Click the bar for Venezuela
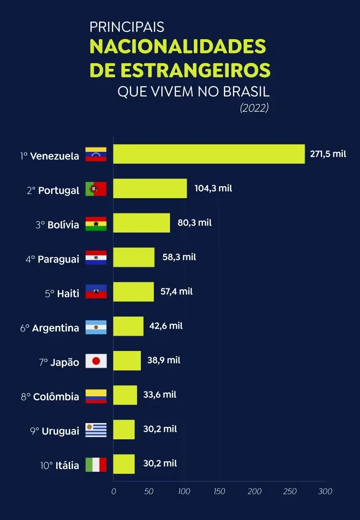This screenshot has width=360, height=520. click(209, 154)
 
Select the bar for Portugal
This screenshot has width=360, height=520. click(150, 189)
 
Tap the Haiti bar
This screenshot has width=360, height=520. click(133, 292)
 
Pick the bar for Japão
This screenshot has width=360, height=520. click(127, 361)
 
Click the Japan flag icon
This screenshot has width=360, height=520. click(96, 361)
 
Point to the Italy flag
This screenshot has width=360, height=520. click(96, 465)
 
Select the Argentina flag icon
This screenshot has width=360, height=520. click(96, 327)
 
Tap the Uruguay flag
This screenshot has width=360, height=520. click(96, 430)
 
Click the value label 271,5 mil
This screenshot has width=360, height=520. click(328, 154)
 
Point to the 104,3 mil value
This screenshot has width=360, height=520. click(213, 188)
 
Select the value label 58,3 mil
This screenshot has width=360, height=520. click(179, 257)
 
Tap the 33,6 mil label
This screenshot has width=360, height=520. click(159, 394)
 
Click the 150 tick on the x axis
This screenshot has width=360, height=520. click(219, 491)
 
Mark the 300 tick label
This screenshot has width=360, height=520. click(325, 491)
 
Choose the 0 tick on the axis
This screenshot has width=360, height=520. click(114, 491)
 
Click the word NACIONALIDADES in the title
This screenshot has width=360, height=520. click(178, 47)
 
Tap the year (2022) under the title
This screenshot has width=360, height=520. click(254, 108)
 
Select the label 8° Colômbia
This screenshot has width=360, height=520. click(50, 397)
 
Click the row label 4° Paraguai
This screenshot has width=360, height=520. click(52, 259)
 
